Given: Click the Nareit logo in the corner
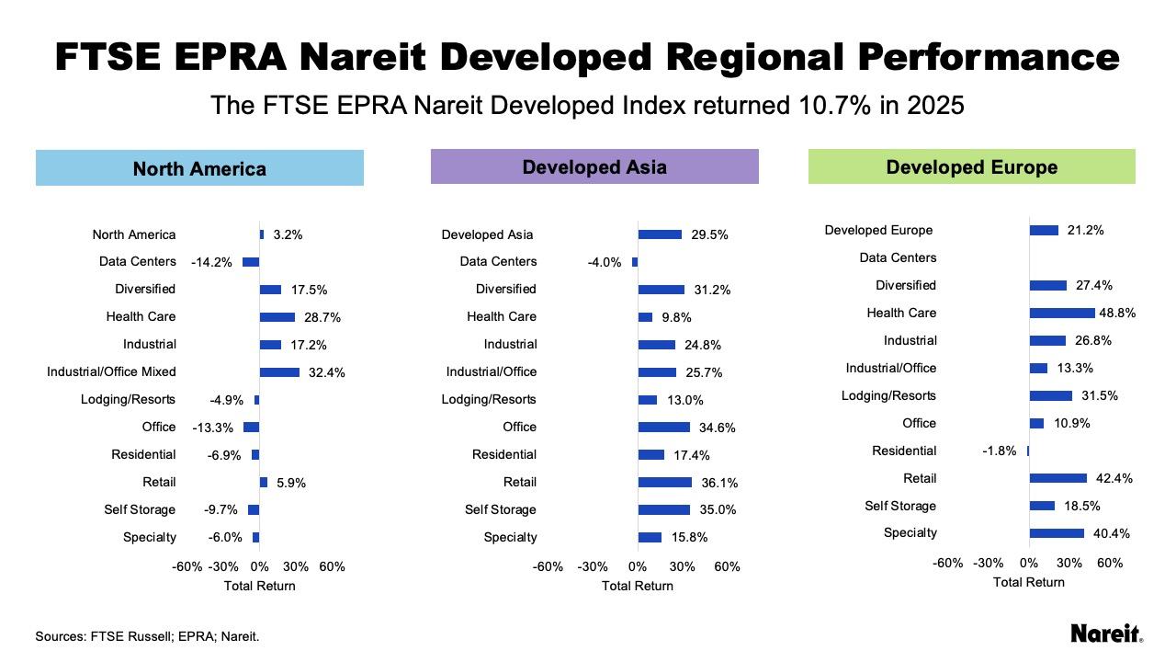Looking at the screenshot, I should tap(1107, 633).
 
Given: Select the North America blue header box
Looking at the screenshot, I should tap(199, 168).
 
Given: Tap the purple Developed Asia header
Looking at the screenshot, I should tap(594, 166).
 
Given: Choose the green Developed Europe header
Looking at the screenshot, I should tap(971, 167).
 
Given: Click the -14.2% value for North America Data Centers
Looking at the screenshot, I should tap(211, 262).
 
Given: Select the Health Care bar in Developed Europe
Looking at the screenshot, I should tap(1062, 313).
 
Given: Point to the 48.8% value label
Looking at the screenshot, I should tap(1117, 313).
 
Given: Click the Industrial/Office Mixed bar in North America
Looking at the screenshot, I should tap(279, 372).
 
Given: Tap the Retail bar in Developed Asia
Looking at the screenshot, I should tap(664, 482).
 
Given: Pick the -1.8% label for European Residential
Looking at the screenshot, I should tap(1000, 451).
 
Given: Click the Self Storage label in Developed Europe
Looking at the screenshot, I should tap(900, 506).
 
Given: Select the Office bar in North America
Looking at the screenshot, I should tap(251, 427).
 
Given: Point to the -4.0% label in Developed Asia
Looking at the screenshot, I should tap(605, 262).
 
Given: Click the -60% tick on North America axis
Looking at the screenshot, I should tap(187, 566).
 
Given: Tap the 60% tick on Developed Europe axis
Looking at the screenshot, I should tap(1110, 563).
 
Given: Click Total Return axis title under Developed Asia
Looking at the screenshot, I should tap(638, 586).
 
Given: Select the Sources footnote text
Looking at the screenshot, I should tap(147, 635).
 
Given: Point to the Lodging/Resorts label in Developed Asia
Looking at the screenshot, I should tap(489, 399).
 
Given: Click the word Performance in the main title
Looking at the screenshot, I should tap(989, 56).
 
